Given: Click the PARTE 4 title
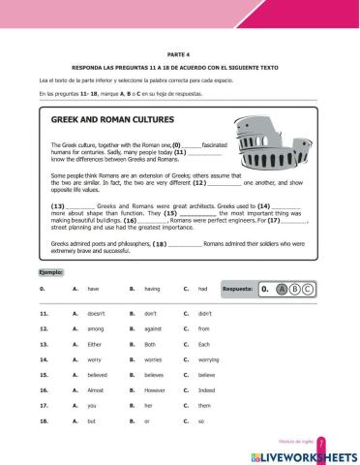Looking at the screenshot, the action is [180, 55].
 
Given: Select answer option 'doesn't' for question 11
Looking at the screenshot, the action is [96, 314].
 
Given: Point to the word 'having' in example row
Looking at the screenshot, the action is [151, 289].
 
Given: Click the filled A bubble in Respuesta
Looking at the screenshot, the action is [281, 289].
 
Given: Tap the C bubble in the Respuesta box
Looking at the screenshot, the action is [307, 289].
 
